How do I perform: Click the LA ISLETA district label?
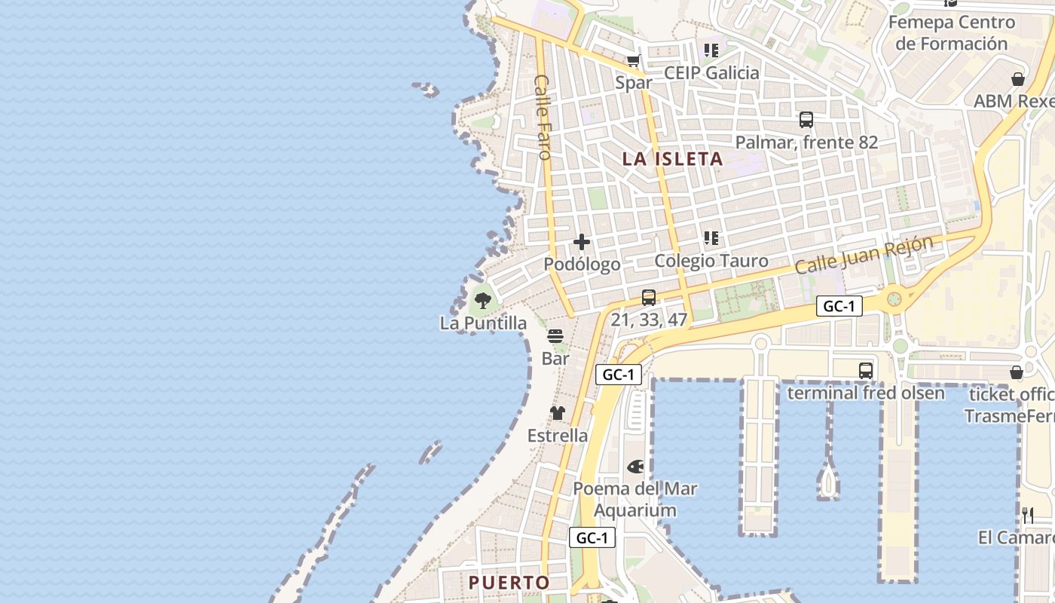point(672,159)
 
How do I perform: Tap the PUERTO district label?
point(509,583)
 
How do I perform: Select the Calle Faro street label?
point(543,116)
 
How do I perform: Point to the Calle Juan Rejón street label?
point(864,256)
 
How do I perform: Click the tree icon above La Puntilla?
point(482,301)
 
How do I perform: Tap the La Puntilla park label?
point(483,323)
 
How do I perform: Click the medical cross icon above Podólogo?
point(582,242)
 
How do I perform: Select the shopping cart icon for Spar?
point(634,61)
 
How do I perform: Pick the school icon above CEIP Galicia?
point(711,51)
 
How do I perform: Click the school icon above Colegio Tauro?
point(711,238)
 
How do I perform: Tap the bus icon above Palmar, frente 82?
point(806,119)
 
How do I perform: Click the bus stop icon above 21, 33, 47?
point(648,298)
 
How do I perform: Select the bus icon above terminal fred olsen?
point(865,371)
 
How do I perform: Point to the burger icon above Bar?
point(555,336)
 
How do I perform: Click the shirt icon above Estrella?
point(557,413)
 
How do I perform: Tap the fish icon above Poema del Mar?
point(635,467)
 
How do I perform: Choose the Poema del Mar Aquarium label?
point(635,499)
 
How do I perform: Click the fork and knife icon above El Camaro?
point(1028,516)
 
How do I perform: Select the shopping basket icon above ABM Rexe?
point(1017,79)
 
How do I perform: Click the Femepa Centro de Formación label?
point(952,32)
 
